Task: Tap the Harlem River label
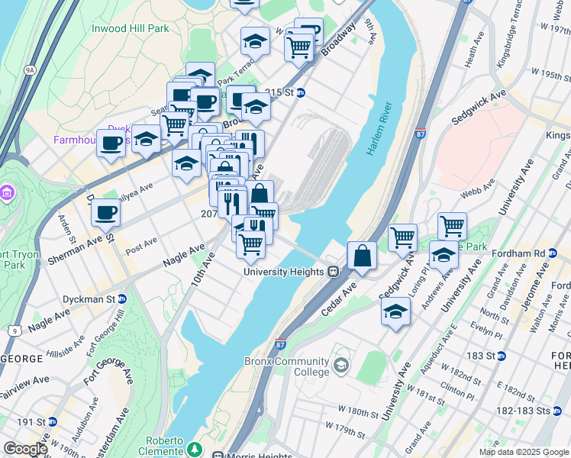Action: point(378,128)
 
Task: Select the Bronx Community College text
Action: point(287,366)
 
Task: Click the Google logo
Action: point(24,450)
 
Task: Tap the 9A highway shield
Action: point(30,69)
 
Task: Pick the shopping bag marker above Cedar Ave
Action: point(362,256)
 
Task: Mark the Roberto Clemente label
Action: point(164,441)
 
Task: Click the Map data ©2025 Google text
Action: point(523,452)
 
